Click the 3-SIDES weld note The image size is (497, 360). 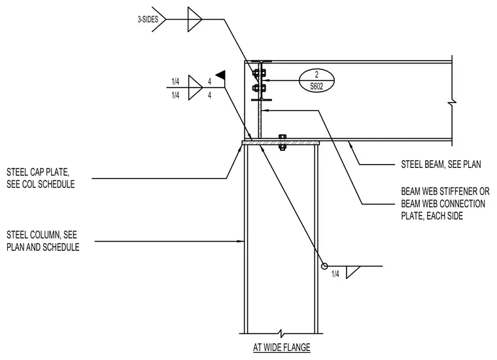148,20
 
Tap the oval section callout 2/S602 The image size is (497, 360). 317,80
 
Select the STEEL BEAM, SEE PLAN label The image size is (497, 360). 441,165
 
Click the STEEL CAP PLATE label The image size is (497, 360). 41,178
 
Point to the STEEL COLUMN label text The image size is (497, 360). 43,241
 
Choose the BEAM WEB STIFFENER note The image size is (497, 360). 445,204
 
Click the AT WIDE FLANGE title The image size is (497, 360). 281,348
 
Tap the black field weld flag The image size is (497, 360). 220,74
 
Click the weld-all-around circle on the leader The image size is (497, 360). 324,266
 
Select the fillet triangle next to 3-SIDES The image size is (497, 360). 194,20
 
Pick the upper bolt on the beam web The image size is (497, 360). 259,73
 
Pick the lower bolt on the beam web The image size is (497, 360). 259,88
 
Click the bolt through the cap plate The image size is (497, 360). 282,142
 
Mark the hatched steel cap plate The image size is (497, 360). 281,143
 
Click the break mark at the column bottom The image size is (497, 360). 281,333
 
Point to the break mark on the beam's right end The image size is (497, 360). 453,102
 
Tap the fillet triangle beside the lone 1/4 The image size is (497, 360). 352,272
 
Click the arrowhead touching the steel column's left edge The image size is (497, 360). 241,242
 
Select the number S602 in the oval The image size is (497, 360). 317,86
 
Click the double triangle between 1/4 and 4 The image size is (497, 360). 195,88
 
